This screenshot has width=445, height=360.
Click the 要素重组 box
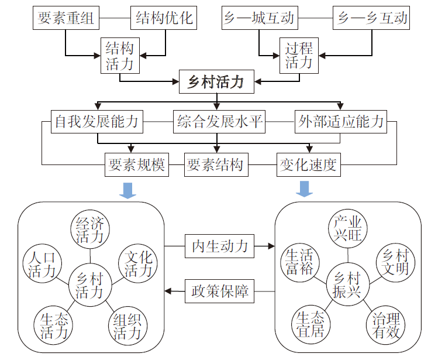65,18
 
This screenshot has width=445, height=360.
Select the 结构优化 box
164,18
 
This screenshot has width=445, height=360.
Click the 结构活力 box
120,55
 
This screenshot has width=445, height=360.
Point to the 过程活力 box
298,55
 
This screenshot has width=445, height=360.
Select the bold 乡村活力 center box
216,82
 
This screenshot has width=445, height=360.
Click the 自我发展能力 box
97,122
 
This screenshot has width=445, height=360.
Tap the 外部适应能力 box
341,122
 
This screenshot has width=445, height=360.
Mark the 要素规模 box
137,165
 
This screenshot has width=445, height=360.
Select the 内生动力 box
219,246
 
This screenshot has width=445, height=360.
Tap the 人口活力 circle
42,264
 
